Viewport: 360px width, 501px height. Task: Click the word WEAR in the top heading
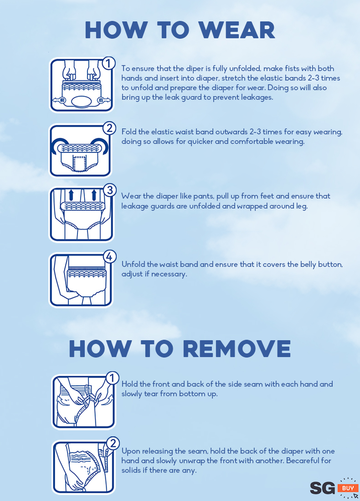[x=237, y=31]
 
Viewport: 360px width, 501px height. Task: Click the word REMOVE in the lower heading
[x=237, y=348]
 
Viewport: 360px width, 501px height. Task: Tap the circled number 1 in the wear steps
[x=108, y=63]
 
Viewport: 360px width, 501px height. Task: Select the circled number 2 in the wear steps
[x=109, y=128]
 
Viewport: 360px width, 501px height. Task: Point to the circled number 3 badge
[x=110, y=190]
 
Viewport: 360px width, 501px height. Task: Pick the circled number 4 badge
[x=109, y=256]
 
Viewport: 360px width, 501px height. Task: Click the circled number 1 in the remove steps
[x=112, y=378]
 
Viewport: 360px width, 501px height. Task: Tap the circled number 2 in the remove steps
[x=113, y=444]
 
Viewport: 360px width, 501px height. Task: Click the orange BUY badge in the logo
[x=348, y=488]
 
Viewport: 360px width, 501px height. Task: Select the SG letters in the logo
[x=322, y=488]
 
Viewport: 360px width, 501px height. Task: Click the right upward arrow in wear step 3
[x=94, y=195]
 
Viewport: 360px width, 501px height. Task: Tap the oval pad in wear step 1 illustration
[x=82, y=102]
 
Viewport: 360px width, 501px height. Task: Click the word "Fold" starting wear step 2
[x=129, y=132]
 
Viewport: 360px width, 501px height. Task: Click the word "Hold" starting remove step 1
[x=129, y=384]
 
